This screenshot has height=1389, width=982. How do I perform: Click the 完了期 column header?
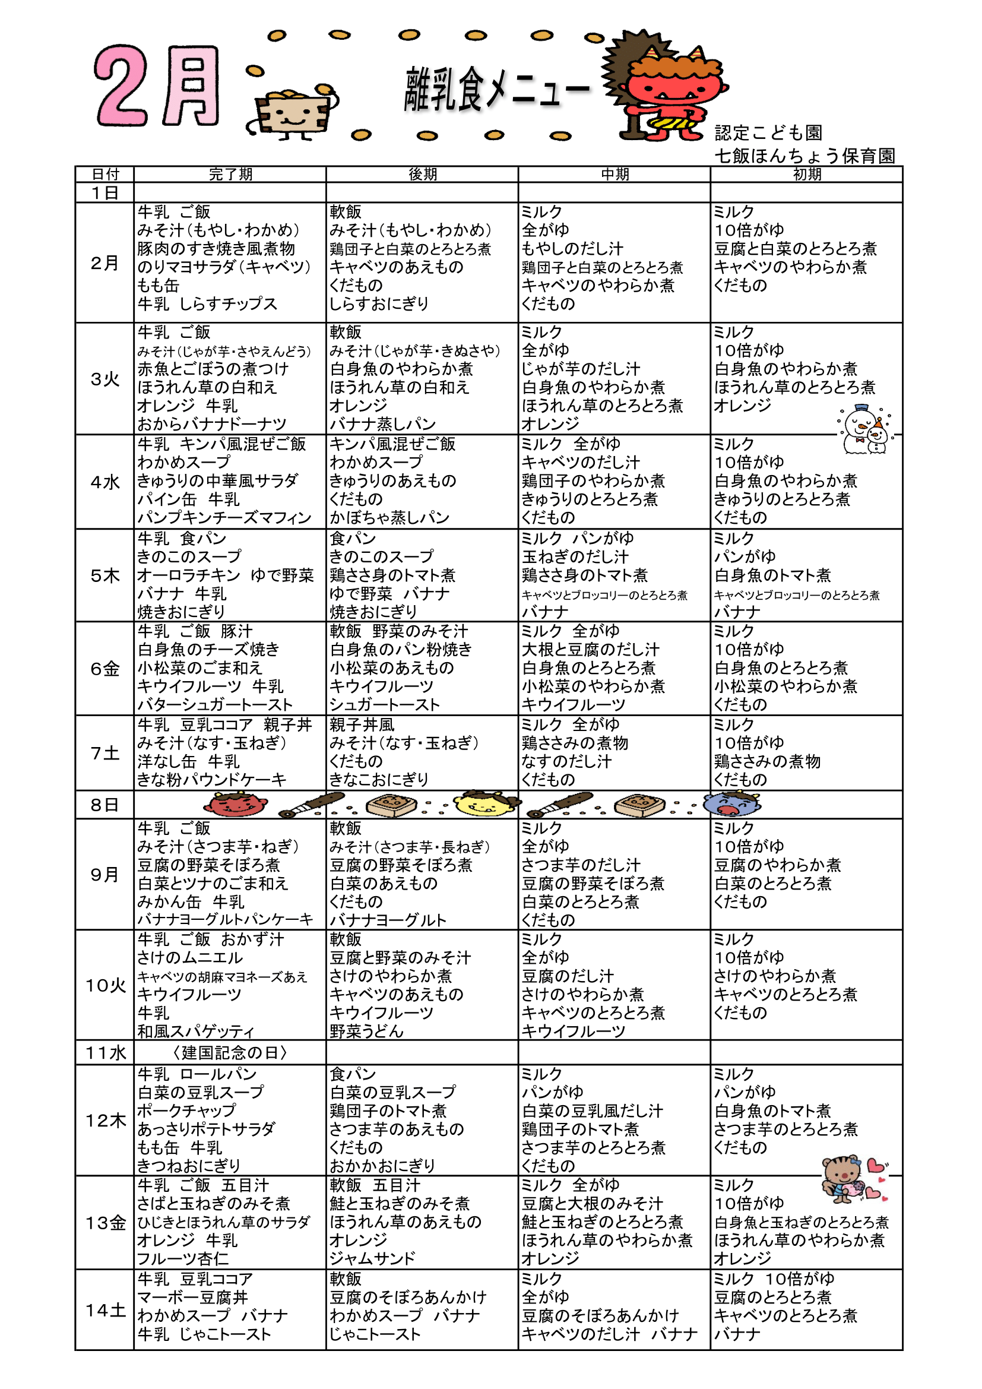click(230, 174)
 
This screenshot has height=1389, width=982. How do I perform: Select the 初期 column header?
click(807, 174)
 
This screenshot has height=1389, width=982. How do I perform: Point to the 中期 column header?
click(614, 174)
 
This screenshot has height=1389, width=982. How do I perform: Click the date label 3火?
click(104, 379)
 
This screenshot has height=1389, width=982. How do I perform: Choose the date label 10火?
click(105, 986)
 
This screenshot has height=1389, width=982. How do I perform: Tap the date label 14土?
click(105, 1311)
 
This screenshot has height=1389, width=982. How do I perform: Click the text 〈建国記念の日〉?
click(230, 1053)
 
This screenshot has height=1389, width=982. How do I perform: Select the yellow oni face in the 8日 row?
click(484, 804)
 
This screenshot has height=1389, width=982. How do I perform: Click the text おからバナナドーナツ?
click(211, 424)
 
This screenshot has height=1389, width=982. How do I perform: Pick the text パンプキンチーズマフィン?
click(224, 518)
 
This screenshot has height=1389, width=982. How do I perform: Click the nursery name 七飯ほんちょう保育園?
click(804, 156)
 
